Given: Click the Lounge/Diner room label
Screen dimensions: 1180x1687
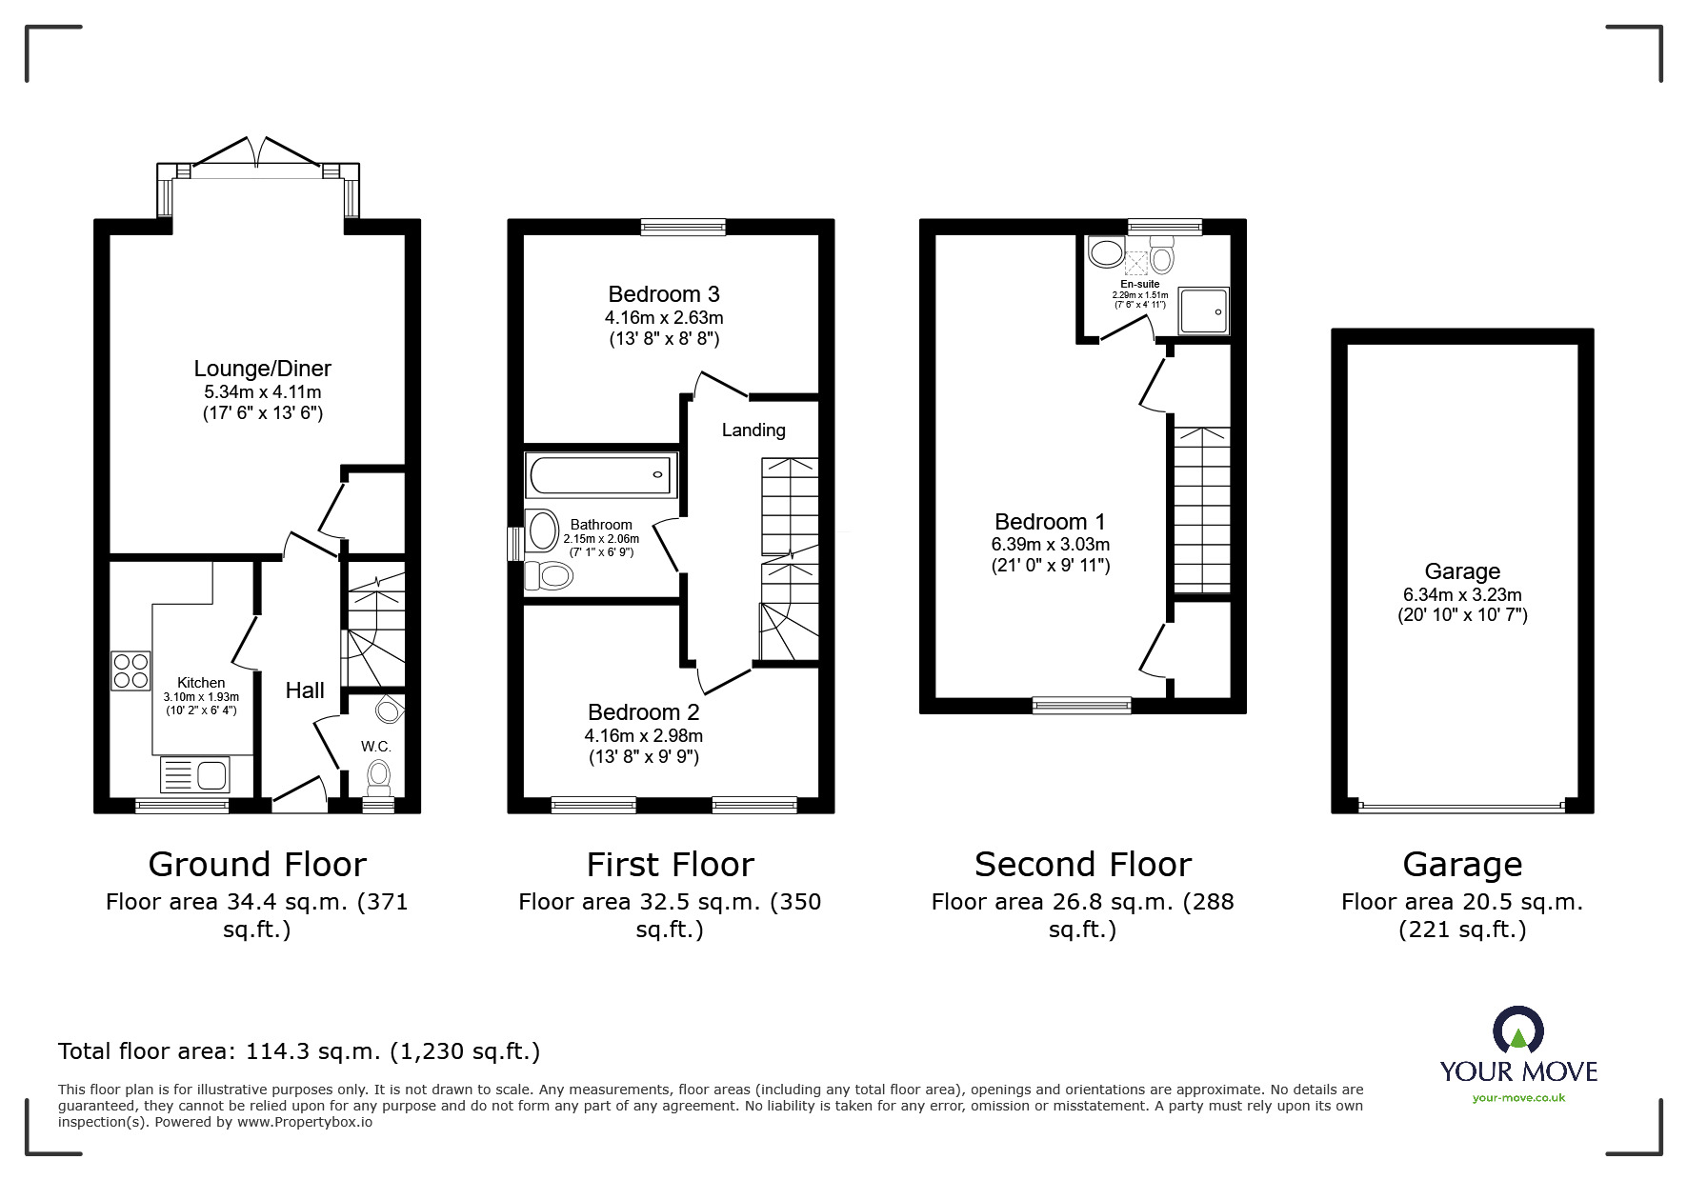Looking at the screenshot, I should pyautogui.click(x=262, y=369).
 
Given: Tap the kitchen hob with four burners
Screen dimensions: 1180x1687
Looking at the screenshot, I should pyautogui.click(x=131, y=670).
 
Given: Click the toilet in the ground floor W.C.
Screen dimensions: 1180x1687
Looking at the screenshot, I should pyautogui.click(x=378, y=776).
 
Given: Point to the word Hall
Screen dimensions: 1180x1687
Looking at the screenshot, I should pyautogui.click(x=305, y=690).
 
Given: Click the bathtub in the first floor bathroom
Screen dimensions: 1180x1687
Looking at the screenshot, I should pyautogui.click(x=600, y=474).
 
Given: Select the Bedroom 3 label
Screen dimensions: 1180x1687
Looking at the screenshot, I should pyautogui.click(x=663, y=294).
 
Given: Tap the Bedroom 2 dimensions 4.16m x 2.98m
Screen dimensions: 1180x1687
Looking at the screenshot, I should pyautogui.click(x=643, y=735).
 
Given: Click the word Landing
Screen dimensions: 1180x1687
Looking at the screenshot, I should pyautogui.click(x=753, y=430).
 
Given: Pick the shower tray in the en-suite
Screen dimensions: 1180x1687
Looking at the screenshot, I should pyautogui.click(x=1204, y=310).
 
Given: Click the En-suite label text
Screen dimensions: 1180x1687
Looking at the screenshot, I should pyautogui.click(x=1139, y=284).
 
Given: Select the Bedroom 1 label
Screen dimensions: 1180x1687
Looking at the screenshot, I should pyautogui.click(x=1050, y=522).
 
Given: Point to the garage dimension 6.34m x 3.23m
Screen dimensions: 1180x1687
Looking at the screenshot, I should pyautogui.click(x=1461, y=594).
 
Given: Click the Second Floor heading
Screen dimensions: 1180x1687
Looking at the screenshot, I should pyautogui.click(x=1082, y=865).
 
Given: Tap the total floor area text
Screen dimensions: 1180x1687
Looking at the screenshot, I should pyautogui.click(x=299, y=1051).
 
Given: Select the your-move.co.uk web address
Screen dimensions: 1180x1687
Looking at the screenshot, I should pyautogui.click(x=1518, y=1098).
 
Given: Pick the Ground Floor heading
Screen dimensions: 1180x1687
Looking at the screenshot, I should pyautogui.click(x=257, y=865).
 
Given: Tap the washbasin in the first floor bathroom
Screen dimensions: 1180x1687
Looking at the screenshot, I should pyautogui.click(x=543, y=530).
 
